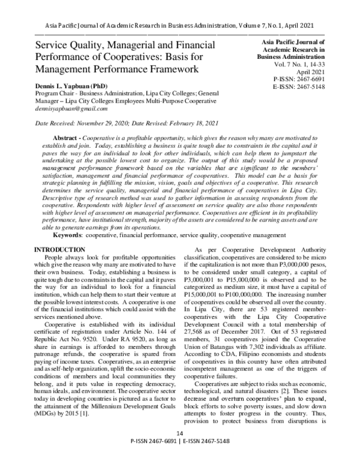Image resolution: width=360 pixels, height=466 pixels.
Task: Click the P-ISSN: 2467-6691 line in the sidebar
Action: click(x=298, y=79)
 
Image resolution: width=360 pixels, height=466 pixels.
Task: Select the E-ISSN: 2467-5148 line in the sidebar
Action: click(x=298, y=86)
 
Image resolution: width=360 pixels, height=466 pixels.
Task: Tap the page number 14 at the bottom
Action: click(x=179, y=450)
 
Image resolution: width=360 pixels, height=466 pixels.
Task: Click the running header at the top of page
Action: click(x=179, y=25)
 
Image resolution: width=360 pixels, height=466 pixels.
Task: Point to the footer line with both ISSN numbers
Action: click(x=179, y=459)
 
